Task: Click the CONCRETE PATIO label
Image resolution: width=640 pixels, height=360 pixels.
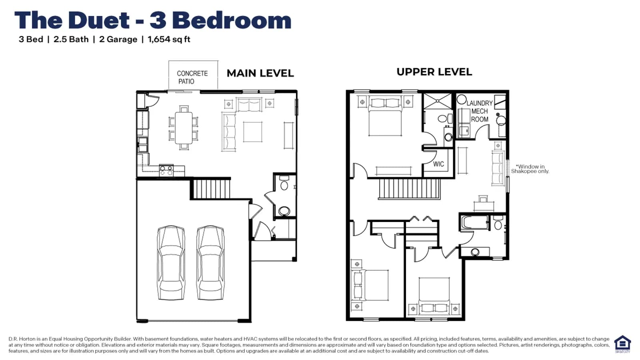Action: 192,78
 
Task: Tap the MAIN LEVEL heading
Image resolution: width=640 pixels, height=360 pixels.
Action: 260,73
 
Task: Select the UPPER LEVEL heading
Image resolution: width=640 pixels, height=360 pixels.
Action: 434,72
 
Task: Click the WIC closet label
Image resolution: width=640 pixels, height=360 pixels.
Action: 438,164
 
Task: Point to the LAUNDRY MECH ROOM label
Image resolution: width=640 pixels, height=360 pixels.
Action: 480,111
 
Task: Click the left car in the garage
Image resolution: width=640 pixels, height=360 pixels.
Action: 171,262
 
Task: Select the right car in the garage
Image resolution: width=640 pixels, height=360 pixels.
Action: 210,262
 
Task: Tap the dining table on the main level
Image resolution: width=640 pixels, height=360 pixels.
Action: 184,128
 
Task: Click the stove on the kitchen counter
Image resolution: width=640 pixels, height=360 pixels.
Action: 166,170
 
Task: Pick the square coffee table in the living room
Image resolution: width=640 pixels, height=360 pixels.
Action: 252,132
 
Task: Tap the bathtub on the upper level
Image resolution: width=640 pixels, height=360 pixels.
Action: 474,222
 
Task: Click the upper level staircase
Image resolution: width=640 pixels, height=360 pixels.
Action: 410,188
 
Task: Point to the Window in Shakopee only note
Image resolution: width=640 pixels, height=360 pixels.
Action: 530,169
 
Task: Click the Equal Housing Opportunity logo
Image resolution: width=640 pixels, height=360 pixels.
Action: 622,344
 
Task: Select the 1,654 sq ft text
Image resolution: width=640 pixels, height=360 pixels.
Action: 169,40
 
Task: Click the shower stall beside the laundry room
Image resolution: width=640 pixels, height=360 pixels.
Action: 438,101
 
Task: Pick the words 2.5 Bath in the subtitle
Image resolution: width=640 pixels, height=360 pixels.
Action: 71,40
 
